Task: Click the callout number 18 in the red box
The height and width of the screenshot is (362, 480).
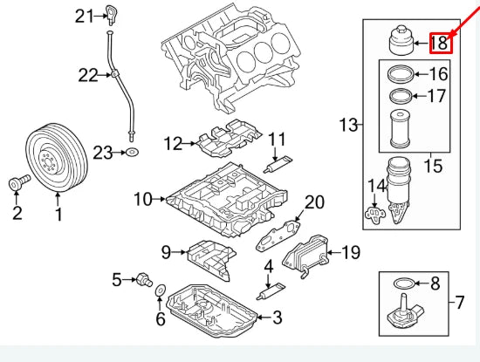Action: [x=439, y=41]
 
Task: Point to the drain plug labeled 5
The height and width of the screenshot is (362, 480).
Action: [x=139, y=279]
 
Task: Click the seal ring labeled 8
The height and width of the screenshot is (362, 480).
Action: [x=404, y=283]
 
